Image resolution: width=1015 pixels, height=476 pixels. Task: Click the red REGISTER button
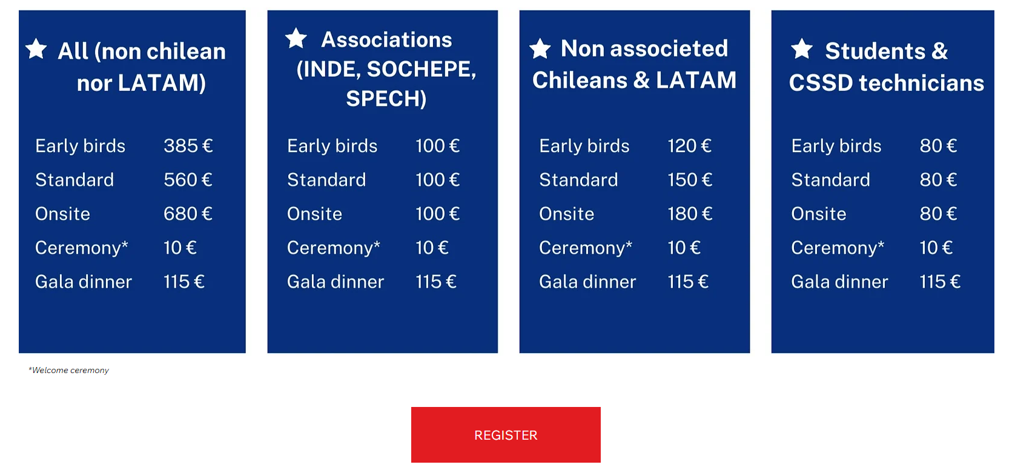(506, 435)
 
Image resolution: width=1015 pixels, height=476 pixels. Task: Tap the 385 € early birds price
(188, 146)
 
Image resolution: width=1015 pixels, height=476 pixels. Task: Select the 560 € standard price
(188, 180)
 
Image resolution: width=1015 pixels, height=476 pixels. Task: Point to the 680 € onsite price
(188, 214)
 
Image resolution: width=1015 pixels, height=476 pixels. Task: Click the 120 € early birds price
(689, 146)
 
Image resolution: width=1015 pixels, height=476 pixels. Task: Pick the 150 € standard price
(690, 180)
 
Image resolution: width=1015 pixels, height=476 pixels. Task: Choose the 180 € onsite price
(690, 214)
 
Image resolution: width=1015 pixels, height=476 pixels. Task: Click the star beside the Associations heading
(296, 38)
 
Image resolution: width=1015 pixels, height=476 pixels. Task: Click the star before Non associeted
(540, 48)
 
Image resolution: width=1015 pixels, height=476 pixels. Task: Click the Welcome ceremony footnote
(68, 371)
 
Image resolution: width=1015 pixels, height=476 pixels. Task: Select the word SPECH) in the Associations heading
(386, 98)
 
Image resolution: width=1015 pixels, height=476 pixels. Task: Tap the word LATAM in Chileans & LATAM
(696, 80)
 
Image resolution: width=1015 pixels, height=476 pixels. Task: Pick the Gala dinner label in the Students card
(839, 282)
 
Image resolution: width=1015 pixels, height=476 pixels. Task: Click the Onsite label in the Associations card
(314, 214)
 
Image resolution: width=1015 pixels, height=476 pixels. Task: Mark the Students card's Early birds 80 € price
(938, 146)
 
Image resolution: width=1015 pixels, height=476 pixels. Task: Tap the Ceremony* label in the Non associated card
(586, 248)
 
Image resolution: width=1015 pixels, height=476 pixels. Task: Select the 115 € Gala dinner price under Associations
(435, 282)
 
